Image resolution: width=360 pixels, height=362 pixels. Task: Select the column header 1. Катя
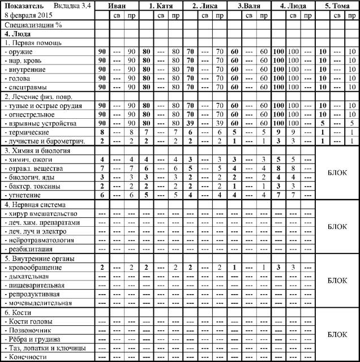point(161,6)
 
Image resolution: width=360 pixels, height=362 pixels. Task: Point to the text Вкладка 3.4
point(71,6)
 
